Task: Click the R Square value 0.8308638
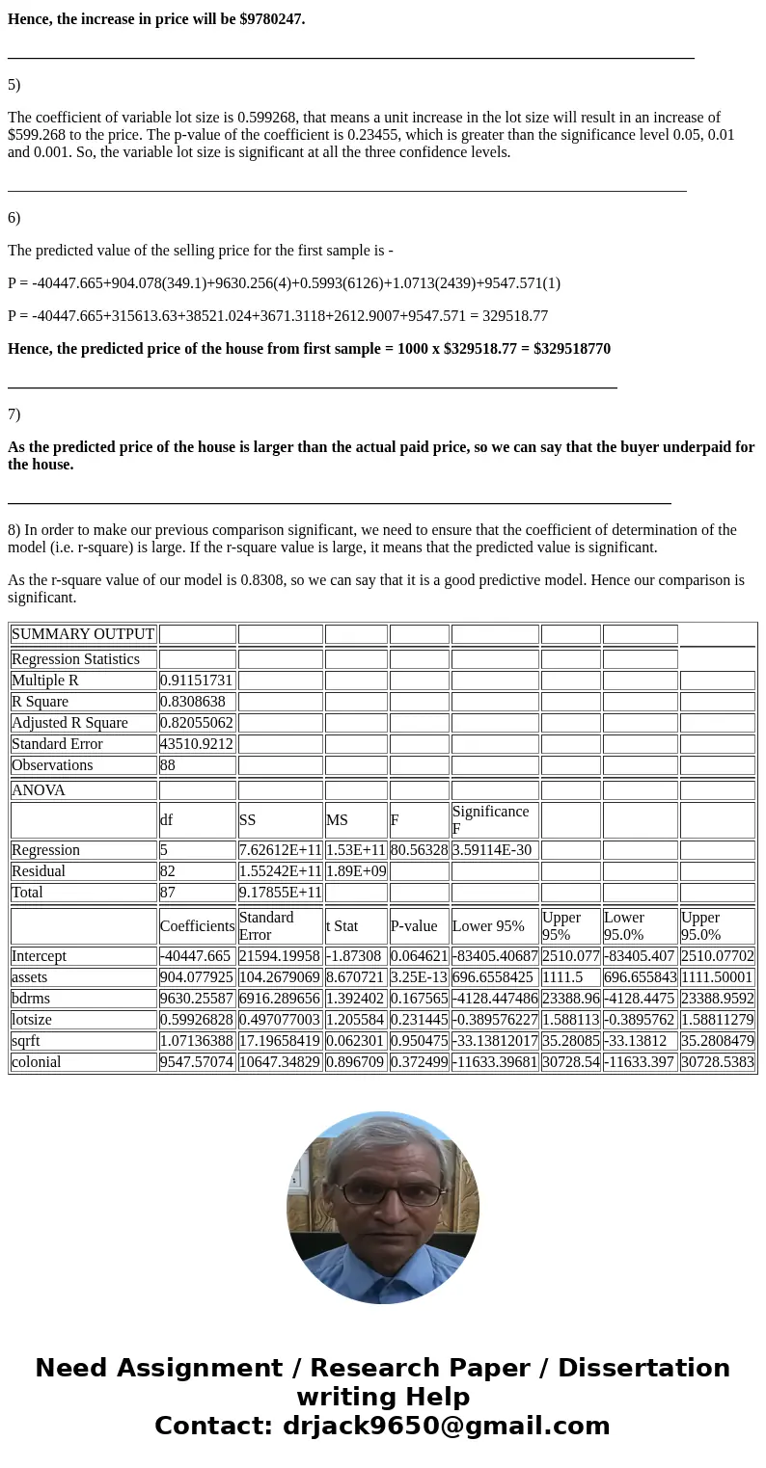[197, 702]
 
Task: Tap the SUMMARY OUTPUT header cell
[83, 634]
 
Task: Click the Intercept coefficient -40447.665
[197, 956]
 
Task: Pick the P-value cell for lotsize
[419, 1020]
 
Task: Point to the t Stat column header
[342, 926]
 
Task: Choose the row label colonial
[37, 1062]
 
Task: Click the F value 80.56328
[419, 850]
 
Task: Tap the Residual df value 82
[169, 871]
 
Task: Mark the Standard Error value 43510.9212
[197, 744]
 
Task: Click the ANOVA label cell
[39, 790]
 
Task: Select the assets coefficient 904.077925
[197, 977]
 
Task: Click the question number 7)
[14, 414]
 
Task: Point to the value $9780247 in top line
[271, 19]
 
